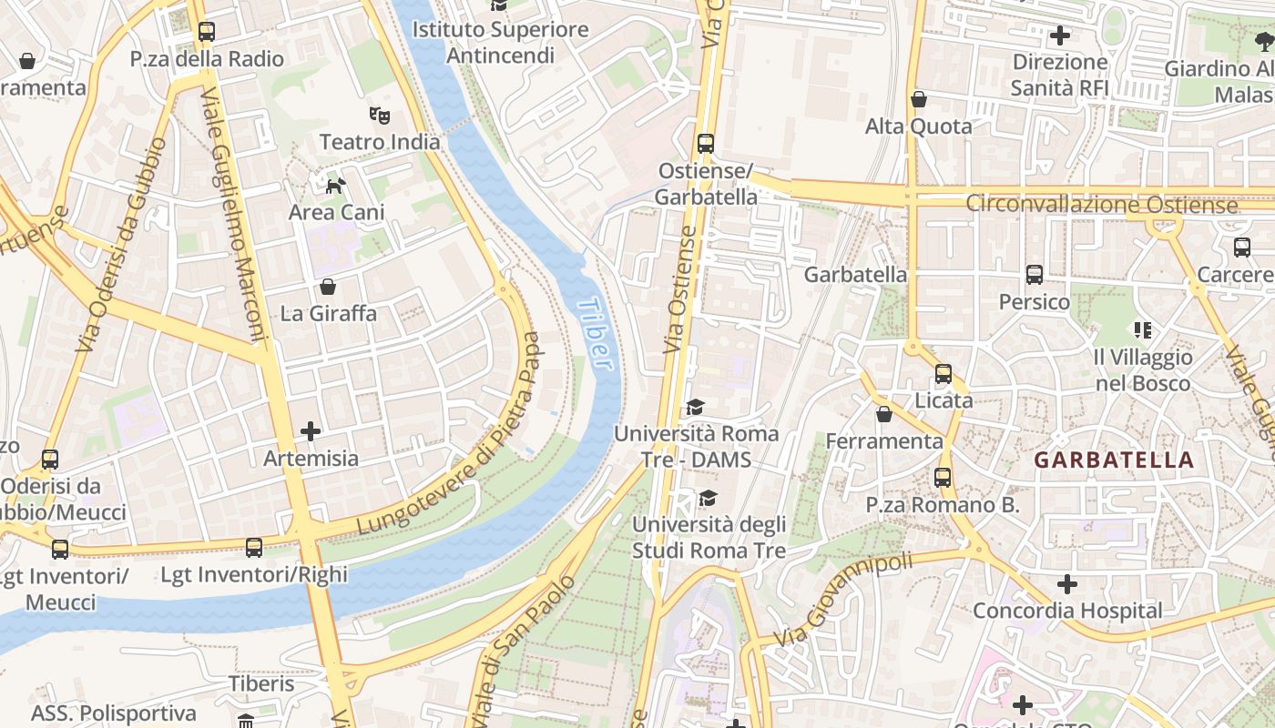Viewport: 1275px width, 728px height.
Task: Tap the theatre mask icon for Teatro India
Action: point(380,115)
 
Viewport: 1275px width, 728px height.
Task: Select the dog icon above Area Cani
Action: point(336,186)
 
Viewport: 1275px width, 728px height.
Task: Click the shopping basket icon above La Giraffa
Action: point(328,287)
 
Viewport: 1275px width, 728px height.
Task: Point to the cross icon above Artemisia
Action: point(311,430)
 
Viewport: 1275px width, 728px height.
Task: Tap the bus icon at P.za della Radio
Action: point(207,32)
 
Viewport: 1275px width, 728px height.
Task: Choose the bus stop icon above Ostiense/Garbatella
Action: point(706,144)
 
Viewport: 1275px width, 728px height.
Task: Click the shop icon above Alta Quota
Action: point(919,99)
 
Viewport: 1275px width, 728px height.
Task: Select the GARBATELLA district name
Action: point(1113,460)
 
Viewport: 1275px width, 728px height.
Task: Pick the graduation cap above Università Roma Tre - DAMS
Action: point(696,407)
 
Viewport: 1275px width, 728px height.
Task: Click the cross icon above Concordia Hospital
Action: point(1067,583)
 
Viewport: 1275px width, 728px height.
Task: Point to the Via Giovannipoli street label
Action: point(842,599)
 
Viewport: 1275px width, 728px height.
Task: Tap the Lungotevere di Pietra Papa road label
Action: point(450,434)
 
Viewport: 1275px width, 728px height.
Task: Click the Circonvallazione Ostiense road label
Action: point(1101,204)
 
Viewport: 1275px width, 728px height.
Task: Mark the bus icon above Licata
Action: point(943,374)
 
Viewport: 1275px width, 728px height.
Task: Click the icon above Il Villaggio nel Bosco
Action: point(1142,329)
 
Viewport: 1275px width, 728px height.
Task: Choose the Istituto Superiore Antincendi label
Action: point(500,42)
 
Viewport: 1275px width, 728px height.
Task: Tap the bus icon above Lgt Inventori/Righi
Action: point(254,548)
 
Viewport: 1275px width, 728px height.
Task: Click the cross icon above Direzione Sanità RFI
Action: point(1060,35)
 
